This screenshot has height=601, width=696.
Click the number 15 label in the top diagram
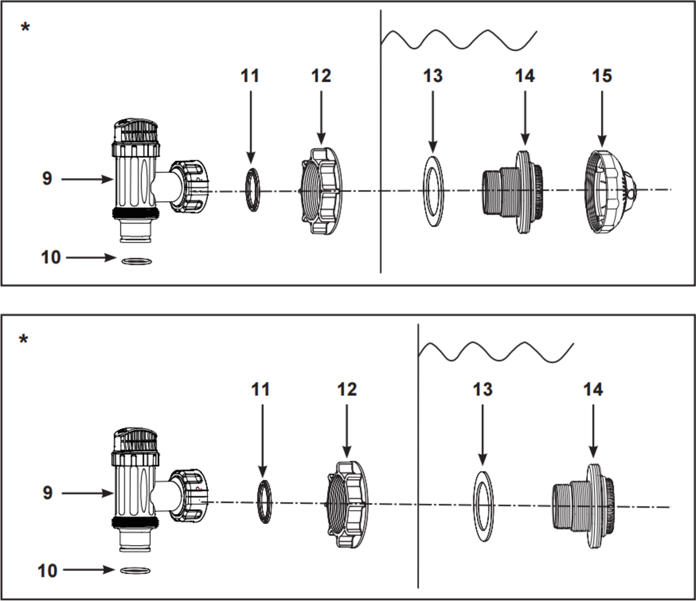(601, 76)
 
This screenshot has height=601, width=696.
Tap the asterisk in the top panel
(25, 28)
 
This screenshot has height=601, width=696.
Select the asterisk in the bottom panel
(23, 340)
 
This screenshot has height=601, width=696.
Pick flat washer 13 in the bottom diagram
(483, 505)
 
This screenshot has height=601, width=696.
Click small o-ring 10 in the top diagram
(137, 261)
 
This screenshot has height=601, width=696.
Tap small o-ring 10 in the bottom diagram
(136, 570)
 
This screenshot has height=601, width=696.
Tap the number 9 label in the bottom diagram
(48, 492)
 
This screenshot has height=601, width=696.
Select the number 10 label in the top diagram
(51, 257)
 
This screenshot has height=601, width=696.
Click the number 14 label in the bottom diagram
(593, 389)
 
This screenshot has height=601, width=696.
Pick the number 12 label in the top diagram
(321, 76)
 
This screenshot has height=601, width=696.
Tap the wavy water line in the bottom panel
(496, 351)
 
